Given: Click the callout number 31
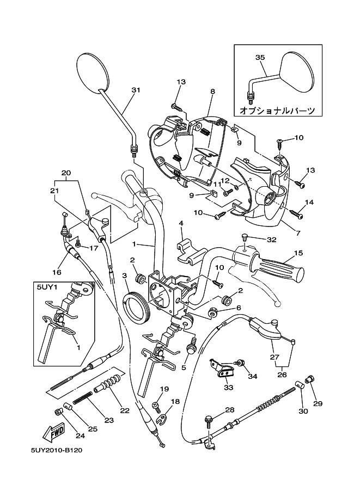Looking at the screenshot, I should point(136,90).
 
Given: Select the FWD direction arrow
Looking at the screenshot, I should point(53,433).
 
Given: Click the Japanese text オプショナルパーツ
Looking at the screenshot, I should point(277,111).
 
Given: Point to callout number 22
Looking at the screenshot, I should point(125,410).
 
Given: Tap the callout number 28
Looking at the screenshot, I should point(229,409).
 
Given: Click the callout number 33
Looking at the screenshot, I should point(228,388).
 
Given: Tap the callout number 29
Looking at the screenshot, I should point(318,403).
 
